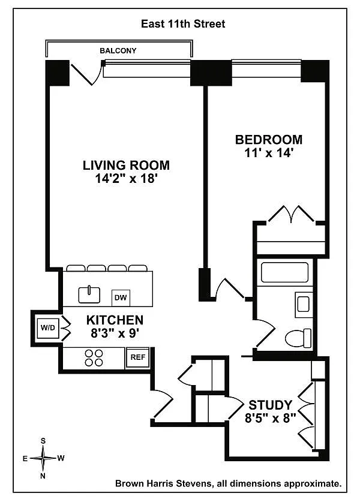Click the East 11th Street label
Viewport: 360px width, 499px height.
(183, 24)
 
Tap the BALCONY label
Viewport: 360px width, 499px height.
(118, 50)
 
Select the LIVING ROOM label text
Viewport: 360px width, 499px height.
(126, 166)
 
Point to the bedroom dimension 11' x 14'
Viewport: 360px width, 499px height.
(268, 153)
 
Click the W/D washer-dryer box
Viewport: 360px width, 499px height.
(48, 328)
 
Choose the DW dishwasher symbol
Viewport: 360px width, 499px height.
(121, 298)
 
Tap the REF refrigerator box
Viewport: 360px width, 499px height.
(138, 357)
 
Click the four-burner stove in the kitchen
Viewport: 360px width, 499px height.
(94, 358)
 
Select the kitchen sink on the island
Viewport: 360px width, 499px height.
(89, 294)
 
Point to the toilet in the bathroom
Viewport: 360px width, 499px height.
(298, 338)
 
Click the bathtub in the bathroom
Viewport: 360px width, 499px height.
(284, 272)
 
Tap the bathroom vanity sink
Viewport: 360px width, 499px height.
(303, 304)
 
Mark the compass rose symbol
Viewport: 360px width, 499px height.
(43, 458)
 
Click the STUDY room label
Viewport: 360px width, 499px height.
(270, 405)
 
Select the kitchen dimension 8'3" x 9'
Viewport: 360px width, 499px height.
(115, 333)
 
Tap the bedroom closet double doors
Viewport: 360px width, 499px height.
(291, 214)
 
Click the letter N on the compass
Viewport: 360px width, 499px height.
(43, 476)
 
